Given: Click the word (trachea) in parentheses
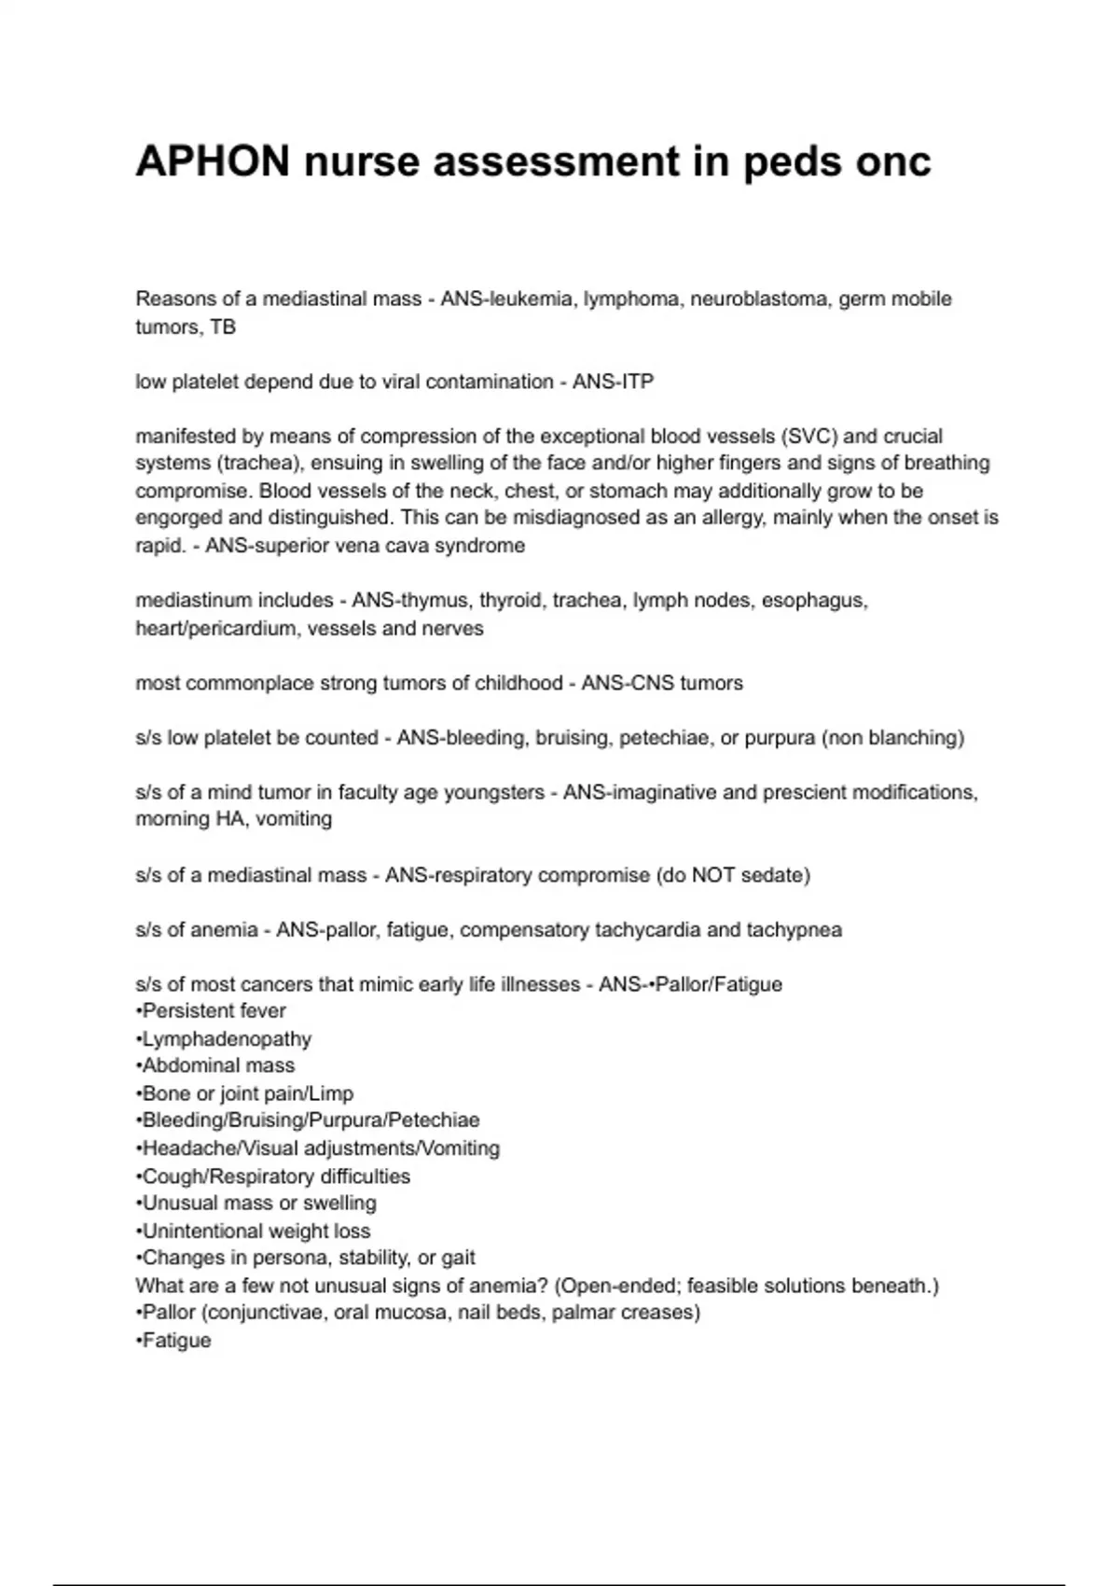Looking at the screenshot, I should [x=256, y=463].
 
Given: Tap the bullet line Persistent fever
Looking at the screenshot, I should [x=211, y=1010].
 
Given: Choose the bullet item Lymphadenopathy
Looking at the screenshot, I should [x=224, y=1038].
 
